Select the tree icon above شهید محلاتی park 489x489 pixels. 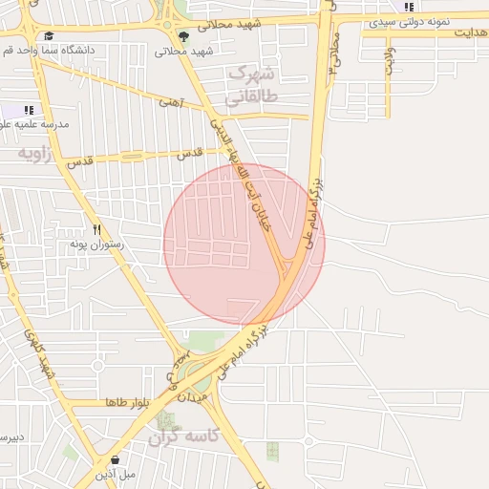183,36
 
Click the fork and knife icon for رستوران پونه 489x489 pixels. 96,229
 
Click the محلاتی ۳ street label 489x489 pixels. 333,54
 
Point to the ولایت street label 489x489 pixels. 389,61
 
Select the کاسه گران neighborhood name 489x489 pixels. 183,436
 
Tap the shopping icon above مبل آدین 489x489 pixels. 116,459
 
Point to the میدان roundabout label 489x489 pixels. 192,395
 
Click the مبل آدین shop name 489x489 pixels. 116,474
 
